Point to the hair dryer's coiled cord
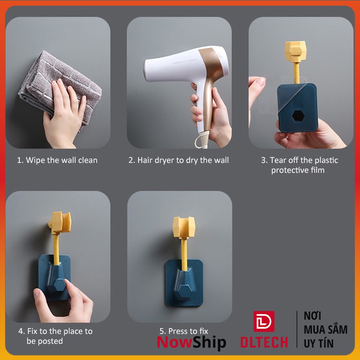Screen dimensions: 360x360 (202, 139)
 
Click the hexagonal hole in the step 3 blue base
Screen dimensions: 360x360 (298, 117)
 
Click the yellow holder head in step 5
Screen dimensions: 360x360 (184, 227)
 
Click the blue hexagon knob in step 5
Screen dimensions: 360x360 (184, 292)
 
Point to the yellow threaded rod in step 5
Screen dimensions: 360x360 (184, 254)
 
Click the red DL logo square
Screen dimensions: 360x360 (264, 321)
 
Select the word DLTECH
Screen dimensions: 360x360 (264, 342)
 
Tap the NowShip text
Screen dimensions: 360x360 (192, 342)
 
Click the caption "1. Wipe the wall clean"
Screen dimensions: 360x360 (57, 160)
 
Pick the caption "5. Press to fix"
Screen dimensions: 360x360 (184, 331)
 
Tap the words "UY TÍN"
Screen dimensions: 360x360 (319, 343)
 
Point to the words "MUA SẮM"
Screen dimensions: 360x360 (325, 329)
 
